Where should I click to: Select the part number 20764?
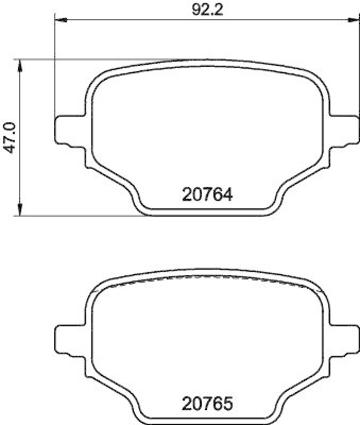click(207, 195)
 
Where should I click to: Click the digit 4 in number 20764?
click(227, 195)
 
